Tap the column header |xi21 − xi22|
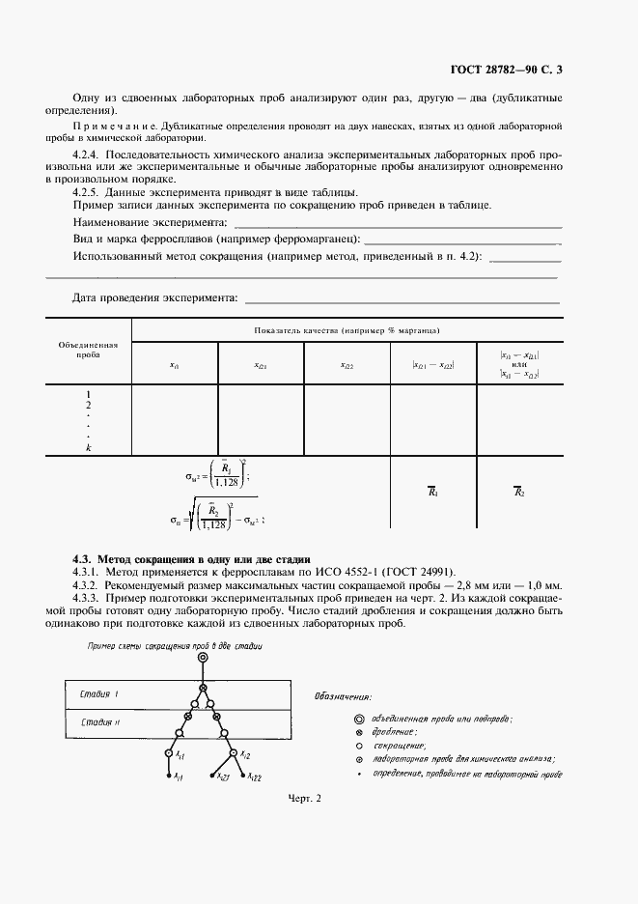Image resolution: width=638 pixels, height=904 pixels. tap(433, 364)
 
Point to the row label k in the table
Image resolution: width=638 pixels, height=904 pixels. tap(88, 448)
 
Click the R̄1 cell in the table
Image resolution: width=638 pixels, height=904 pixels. tap(433, 492)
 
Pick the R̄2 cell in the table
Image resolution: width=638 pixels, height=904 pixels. tap(518, 492)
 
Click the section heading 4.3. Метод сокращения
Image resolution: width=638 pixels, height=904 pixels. tap(191, 558)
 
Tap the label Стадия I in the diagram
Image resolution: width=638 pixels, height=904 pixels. tap(99, 693)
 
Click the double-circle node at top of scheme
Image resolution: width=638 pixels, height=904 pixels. tap(203, 659)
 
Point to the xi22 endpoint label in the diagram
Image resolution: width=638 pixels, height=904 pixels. tap(254, 777)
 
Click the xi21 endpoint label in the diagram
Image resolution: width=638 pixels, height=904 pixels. tap(222, 777)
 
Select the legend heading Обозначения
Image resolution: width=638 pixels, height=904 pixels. tap(344, 695)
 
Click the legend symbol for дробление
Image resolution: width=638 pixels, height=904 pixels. tap(359, 732)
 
